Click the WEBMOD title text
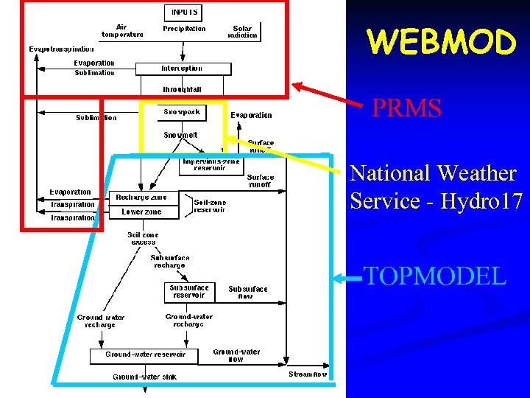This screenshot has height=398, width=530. pyautogui.click(x=442, y=43)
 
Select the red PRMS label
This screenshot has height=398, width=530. pyautogui.click(x=406, y=109)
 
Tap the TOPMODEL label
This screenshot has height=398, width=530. pyautogui.click(x=435, y=276)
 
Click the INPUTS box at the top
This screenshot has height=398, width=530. pyautogui.click(x=183, y=13)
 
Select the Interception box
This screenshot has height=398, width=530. pyautogui.click(x=183, y=69)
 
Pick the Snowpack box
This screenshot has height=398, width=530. pyautogui.click(x=181, y=112)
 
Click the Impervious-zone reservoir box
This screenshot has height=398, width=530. pyautogui.click(x=211, y=164)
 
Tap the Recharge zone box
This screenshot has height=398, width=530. pyautogui.click(x=141, y=198)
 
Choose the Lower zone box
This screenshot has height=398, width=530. pyautogui.click(x=141, y=212)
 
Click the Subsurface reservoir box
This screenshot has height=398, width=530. pyautogui.click(x=188, y=292)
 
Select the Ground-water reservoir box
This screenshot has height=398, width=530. pyautogui.click(x=145, y=355)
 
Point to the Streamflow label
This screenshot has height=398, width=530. pyautogui.click(x=308, y=374)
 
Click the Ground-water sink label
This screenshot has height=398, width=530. pyautogui.click(x=144, y=377)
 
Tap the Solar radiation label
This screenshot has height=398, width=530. pyautogui.click(x=243, y=32)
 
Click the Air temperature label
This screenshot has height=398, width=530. pyautogui.click(x=123, y=30)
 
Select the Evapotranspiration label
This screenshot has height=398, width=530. pyautogui.click(x=62, y=49)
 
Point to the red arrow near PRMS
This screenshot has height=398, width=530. pyautogui.click(x=328, y=93)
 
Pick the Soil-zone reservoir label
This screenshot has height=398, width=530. pyautogui.click(x=210, y=206)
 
